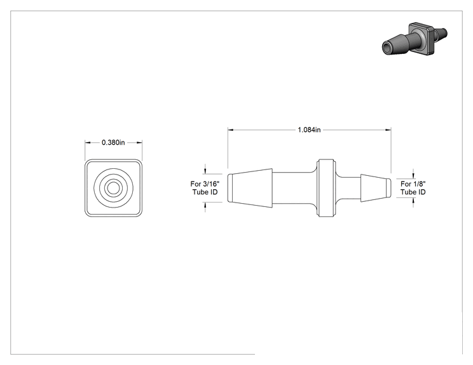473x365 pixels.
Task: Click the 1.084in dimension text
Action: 309,129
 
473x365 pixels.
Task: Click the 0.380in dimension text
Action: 113,142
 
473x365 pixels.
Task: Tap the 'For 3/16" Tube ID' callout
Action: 205,188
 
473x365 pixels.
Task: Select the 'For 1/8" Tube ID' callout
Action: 413,188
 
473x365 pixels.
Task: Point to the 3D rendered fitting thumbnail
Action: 415,39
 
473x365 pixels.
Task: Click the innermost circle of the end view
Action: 113,188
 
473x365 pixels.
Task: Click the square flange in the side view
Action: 326,188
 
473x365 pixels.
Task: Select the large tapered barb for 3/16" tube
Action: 250,188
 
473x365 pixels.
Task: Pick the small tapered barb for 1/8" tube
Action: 376,188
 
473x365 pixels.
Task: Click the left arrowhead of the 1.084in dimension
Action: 231,129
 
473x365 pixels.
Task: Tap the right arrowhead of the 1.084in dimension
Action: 388,129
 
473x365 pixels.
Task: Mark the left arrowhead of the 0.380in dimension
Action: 88,142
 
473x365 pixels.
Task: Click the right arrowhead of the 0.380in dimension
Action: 139,142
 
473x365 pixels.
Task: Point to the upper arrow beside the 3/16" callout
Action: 205,169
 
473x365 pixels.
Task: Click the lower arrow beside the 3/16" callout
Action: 205,207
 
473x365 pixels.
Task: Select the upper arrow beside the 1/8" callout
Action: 413,174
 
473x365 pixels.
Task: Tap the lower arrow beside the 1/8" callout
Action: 413,202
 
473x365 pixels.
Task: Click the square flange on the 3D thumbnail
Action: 422,38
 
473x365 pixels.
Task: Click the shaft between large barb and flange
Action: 295,188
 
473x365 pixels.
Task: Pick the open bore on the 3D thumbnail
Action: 387,48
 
